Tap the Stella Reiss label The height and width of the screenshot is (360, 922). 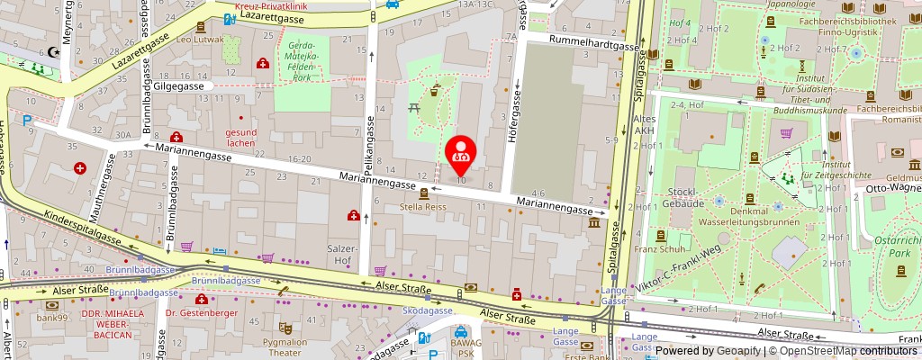(x=423, y=207)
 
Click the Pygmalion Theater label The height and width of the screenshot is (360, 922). (x=284, y=346)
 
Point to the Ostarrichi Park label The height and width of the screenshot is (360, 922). (x=898, y=247)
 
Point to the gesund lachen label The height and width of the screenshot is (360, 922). (x=240, y=138)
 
